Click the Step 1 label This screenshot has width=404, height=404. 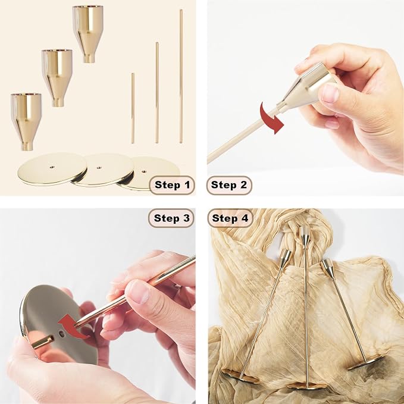[172, 184]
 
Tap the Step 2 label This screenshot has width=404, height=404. [229, 184]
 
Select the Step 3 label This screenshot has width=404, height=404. [171, 218]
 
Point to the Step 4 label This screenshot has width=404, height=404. [230, 218]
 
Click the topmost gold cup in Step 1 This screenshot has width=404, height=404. [88, 34]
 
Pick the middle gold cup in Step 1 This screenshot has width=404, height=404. [57, 78]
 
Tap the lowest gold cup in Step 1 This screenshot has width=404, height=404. [26, 121]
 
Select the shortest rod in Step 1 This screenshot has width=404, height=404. [133, 108]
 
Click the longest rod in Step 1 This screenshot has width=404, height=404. [181, 76]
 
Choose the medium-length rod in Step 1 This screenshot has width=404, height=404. [157, 93]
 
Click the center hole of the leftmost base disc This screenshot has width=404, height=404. [52, 167]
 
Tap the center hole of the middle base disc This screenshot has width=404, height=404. [99, 168]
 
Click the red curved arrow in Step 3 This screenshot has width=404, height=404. [73, 327]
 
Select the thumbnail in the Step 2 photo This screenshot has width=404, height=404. [330, 93]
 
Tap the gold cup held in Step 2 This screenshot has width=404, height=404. [306, 87]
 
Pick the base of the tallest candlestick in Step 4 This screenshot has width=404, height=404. [306, 386]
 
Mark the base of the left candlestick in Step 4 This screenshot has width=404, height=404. [240, 376]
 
